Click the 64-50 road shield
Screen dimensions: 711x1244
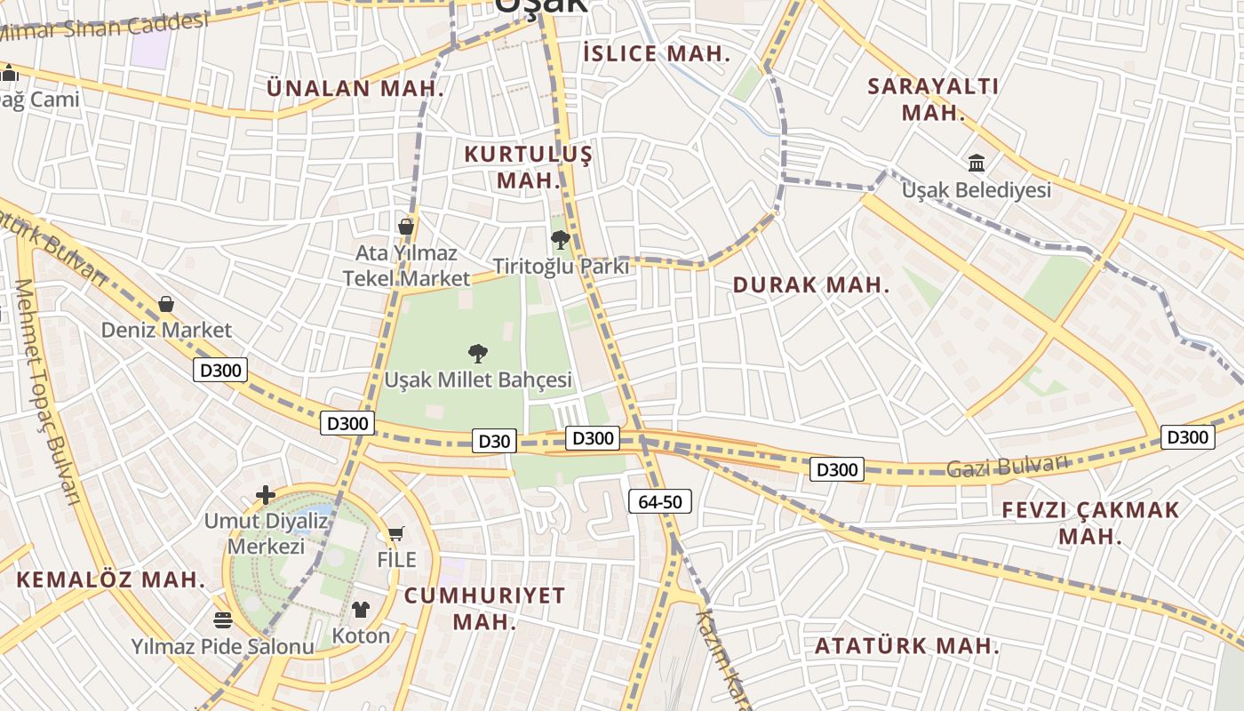659,501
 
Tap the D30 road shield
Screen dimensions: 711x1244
493,441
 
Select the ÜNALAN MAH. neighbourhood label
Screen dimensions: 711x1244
355,88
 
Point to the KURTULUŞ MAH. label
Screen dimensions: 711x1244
528,167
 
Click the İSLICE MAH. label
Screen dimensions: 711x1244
657,53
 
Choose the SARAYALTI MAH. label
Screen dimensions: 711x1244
933,100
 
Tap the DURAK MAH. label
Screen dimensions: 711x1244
810,285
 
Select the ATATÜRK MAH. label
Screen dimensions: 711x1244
907,646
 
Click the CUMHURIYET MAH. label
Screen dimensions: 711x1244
484,608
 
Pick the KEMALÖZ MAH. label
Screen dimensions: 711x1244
111,580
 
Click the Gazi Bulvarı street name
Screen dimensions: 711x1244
1006,465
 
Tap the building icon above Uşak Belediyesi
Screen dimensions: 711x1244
977,163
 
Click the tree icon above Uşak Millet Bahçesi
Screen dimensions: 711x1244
477,353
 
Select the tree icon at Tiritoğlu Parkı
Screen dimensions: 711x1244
560,239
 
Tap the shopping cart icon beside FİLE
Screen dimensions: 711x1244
395,534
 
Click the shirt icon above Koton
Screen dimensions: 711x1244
361,609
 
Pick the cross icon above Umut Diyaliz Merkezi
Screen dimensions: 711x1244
266,495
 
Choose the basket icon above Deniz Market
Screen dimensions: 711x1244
165,304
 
